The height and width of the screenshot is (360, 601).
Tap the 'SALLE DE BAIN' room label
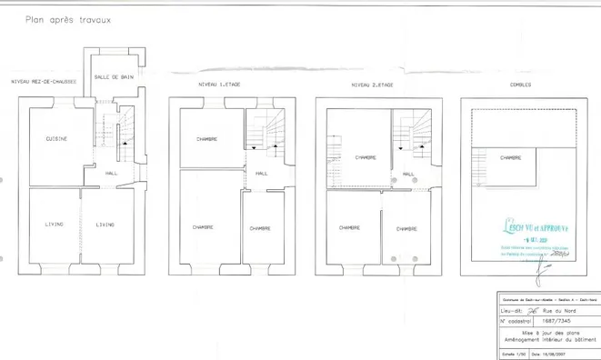114,77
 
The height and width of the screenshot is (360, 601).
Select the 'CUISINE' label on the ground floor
56,138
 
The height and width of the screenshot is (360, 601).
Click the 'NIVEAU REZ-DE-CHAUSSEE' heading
43,82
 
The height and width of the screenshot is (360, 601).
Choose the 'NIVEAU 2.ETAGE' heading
371,85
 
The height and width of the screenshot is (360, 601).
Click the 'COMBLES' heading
522,85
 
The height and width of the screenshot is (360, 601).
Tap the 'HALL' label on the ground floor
112,173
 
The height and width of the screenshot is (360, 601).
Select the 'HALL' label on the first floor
262,173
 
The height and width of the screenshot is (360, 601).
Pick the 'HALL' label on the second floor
408,173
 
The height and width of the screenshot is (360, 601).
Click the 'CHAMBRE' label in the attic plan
511,157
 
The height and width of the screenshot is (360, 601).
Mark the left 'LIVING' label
53,225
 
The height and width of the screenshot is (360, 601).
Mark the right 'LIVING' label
105,225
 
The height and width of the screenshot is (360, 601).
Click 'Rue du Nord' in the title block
556,310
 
